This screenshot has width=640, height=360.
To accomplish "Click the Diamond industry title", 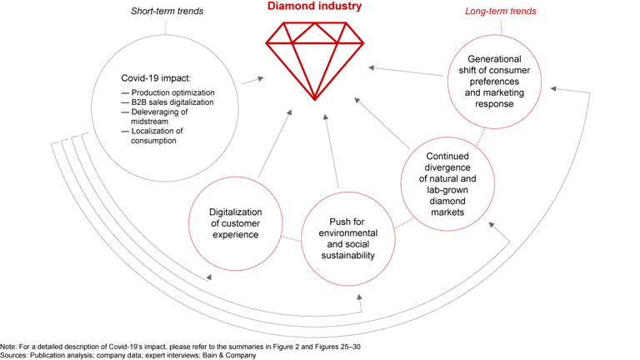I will [314, 7].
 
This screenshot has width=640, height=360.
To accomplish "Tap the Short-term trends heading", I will [167, 12].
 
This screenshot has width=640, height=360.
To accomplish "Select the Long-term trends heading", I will [499, 12].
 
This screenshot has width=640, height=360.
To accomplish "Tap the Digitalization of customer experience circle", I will [234, 223].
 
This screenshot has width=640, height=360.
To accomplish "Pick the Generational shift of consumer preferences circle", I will [495, 81].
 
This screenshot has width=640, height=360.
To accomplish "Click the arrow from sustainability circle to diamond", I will [331, 150].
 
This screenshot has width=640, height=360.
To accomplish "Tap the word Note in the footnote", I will [8, 345].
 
